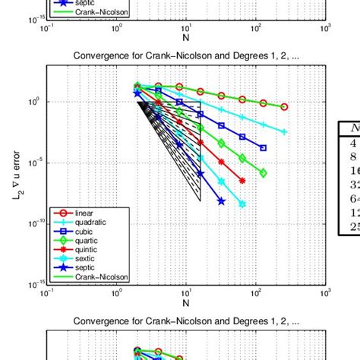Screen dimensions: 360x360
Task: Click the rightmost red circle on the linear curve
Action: [x=284, y=107]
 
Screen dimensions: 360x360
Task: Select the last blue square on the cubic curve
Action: [x=263, y=148]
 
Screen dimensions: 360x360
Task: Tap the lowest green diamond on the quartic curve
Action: [x=263, y=173]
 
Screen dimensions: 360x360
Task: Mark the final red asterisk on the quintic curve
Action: [x=242, y=181]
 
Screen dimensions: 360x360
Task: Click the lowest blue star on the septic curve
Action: [x=221, y=201]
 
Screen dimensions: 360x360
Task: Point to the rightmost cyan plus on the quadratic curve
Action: [x=284, y=131]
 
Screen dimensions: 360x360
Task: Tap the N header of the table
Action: [x=353, y=128]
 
